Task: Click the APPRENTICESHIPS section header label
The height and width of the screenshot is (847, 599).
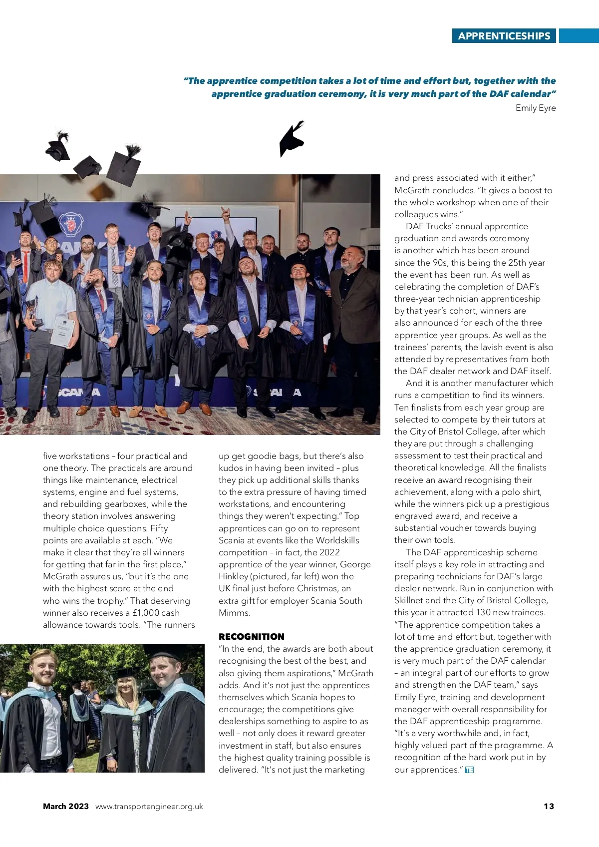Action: coord(504,36)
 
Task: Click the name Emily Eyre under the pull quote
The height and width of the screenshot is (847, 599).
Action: coord(535,108)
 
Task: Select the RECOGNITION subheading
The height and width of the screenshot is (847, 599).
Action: coord(251,637)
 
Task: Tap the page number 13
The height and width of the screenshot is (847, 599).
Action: coord(549,806)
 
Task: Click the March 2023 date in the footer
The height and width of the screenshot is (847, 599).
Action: coord(65,806)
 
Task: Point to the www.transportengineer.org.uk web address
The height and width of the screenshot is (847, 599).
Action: coord(149,806)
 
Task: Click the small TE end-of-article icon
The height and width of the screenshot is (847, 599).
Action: coord(469,770)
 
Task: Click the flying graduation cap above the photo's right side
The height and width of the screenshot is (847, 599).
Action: coord(292,139)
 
